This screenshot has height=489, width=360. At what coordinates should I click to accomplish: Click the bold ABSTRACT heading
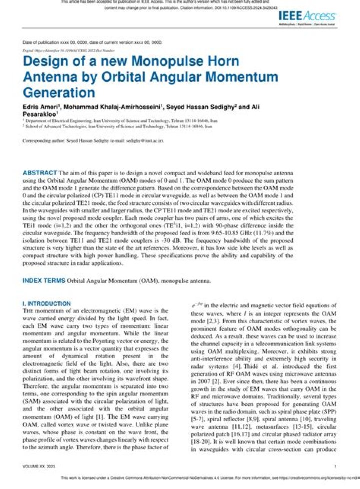40,173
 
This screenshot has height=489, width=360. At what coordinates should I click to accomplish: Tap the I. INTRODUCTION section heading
47,303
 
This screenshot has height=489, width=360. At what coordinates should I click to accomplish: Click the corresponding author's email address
146,141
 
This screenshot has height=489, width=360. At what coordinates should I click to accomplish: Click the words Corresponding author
43,141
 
